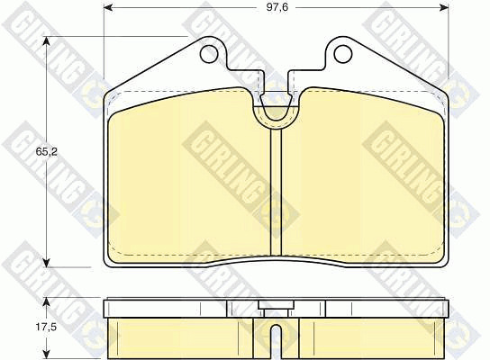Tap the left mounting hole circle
tap(209, 54)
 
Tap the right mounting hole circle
tap(343, 54)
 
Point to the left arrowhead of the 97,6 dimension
tap(108, 7)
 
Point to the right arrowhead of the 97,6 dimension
tap(444, 7)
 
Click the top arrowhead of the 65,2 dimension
tap(47, 41)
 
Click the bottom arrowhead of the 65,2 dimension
tap(47, 262)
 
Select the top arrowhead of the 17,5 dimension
tap(46, 301)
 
